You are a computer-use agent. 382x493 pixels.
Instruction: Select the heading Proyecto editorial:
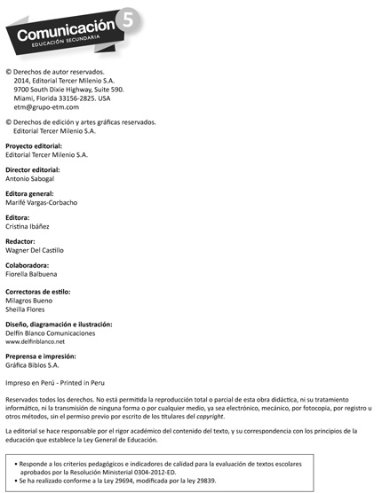click(x=38, y=145)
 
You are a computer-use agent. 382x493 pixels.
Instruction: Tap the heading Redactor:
click(x=21, y=241)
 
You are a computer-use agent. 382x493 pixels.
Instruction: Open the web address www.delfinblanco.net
click(x=41, y=341)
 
